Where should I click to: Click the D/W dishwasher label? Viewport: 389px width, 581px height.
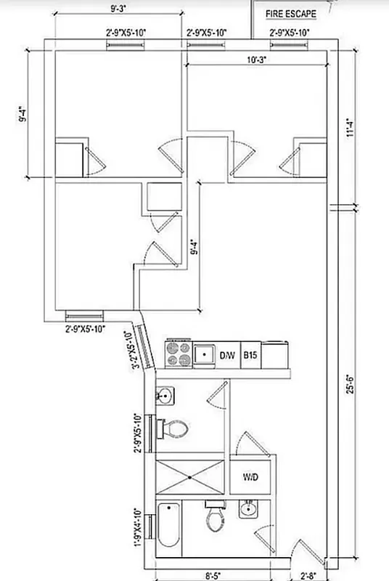(228, 355)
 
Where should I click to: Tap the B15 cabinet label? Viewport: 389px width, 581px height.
(250, 355)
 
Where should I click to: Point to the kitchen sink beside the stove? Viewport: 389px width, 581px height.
(205, 355)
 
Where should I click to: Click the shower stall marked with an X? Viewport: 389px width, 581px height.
(190, 477)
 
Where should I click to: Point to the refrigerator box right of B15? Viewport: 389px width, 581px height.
(275, 355)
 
